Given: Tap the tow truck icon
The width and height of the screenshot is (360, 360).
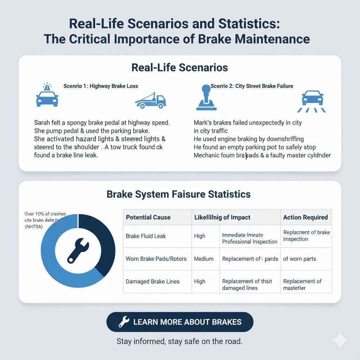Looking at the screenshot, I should click(x=150, y=100).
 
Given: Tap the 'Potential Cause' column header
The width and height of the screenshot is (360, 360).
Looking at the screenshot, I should click(x=148, y=217).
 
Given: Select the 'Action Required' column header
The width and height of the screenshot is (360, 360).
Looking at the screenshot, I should click(x=305, y=217).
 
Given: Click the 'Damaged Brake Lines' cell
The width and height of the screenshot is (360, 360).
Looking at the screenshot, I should click(x=153, y=281).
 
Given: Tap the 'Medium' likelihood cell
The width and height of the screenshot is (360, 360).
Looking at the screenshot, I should click(x=204, y=259).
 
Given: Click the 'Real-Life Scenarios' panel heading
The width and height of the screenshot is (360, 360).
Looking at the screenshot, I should click(x=180, y=67).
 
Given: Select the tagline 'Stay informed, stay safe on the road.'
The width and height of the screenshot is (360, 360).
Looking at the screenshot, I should click(x=179, y=341).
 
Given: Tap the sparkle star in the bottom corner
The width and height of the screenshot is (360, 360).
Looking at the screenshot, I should click(x=340, y=340).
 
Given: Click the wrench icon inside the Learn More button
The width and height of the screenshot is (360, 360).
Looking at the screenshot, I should click(x=123, y=322).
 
